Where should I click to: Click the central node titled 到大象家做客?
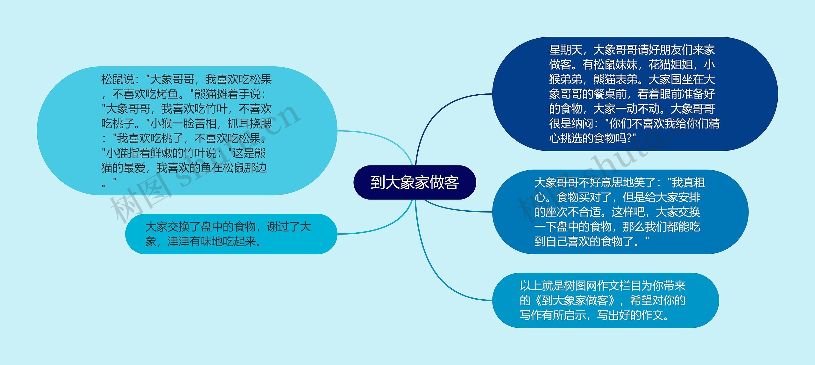(415, 182)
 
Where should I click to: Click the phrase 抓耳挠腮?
(250, 124)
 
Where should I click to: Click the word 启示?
(575, 315)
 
